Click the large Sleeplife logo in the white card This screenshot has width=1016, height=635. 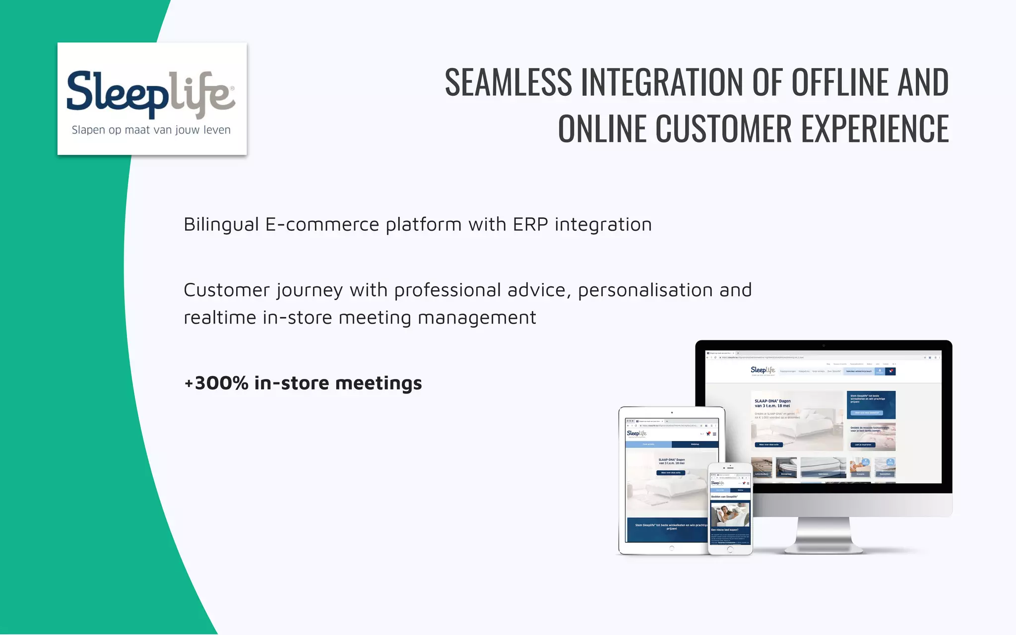(x=151, y=94)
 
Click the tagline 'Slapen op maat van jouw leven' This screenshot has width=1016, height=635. (x=151, y=130)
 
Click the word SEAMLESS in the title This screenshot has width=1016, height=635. (x=508, y=82)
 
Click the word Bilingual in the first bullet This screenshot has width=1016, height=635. (x=221, y=225)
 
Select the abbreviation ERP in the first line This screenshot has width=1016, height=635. (x=530, y=225)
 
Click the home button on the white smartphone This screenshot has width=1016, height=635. (x=730, y=549)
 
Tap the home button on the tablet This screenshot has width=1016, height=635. (x=672, y=548)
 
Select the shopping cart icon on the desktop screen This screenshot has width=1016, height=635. (x=890, y=371)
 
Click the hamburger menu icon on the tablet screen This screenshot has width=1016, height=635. (x=714, y=434)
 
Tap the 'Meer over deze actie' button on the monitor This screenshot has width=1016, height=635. (x=769, y=444)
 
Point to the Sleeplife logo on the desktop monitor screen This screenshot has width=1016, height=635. (x=762, y=370)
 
